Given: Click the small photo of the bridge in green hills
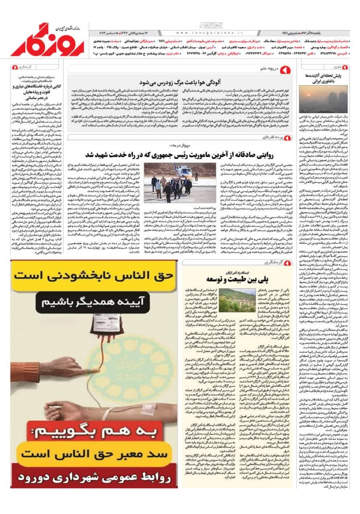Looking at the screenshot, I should click(x=237, y=298).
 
